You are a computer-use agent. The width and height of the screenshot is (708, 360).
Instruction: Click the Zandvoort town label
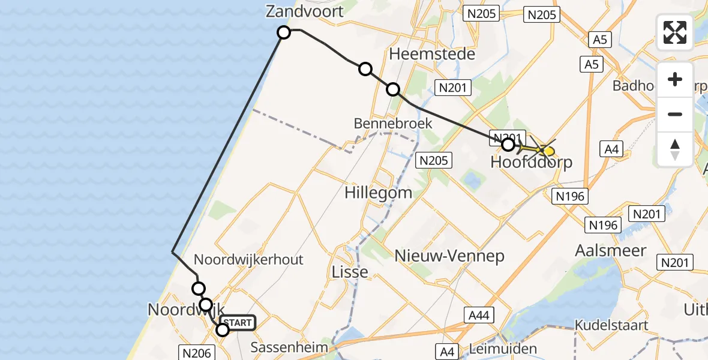click(305, 11)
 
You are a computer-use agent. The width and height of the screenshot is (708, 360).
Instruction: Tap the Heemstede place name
click(432, 54)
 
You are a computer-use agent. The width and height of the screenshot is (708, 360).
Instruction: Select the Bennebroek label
click(393, 124)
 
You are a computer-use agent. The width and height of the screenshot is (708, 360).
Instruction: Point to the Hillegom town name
click(378, 193)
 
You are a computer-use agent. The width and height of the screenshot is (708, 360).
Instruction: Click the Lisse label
click(350, 272)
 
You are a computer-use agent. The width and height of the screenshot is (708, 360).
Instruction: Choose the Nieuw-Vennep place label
click(449, 256)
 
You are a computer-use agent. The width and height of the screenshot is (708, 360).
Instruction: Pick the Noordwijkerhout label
click(249, 260)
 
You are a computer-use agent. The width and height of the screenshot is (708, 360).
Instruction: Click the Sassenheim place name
click(290, 347)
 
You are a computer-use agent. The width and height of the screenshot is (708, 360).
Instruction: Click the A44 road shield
click(479, 314)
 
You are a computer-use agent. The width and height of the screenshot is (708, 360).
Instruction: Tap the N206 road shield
click(196, 353)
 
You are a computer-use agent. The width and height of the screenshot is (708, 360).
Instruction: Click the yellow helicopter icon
click(544, 149)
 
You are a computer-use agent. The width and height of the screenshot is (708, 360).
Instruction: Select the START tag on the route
click(238, 323)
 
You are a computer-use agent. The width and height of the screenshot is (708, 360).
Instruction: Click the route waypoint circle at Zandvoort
click(284, 32)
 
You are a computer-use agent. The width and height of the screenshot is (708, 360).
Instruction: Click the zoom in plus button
click(675, 80)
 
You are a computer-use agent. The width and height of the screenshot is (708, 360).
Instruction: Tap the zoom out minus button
click(675, 115)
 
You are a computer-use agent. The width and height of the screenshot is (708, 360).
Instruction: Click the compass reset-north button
click(675, 149)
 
